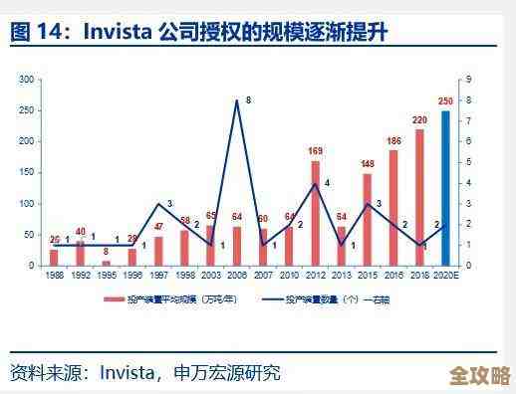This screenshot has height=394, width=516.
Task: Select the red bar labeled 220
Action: pyautogui.click(x=419, y=198)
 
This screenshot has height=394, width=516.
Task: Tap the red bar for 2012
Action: pyautogui.click(x=315, y=214)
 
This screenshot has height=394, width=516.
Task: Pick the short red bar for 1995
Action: pyautogui.click(x=106, y=263)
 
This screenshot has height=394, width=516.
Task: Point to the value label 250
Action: pyautogui.click(x=445, y=102)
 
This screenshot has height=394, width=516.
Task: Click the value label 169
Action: pyautogui.click(x=315, y=151)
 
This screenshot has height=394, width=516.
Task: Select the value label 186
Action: pyautogui.click(x=393, y=141)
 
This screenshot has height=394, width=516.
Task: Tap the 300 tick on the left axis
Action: pyautogui.click(x=27, y=79)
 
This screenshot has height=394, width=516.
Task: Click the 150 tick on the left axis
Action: pyautogui.click(x=27, y=172)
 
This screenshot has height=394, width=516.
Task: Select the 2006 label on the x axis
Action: pyautogui.click(x=236, y=275)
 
